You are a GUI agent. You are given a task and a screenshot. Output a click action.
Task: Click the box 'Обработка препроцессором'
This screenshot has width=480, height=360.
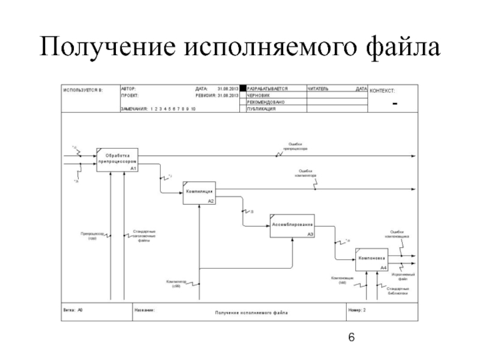tap(118, 160)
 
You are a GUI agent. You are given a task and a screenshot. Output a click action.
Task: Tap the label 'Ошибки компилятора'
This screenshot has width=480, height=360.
tap(306, 173)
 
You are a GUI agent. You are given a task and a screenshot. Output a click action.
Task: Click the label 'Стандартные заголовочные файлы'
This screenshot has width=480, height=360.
tap(145, 235)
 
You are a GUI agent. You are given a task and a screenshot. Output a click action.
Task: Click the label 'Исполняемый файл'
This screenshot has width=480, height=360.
tap(400, 277)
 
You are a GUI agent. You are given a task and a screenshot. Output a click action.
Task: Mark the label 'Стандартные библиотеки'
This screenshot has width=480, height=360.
tap(398, 291)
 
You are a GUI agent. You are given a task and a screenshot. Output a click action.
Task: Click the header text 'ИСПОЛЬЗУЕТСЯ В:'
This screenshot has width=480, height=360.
tap(83, 90)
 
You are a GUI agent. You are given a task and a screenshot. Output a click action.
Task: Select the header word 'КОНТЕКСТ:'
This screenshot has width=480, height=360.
tap(386, 90)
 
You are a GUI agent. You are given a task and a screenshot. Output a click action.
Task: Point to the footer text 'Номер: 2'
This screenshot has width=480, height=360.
tap(357, 310)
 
